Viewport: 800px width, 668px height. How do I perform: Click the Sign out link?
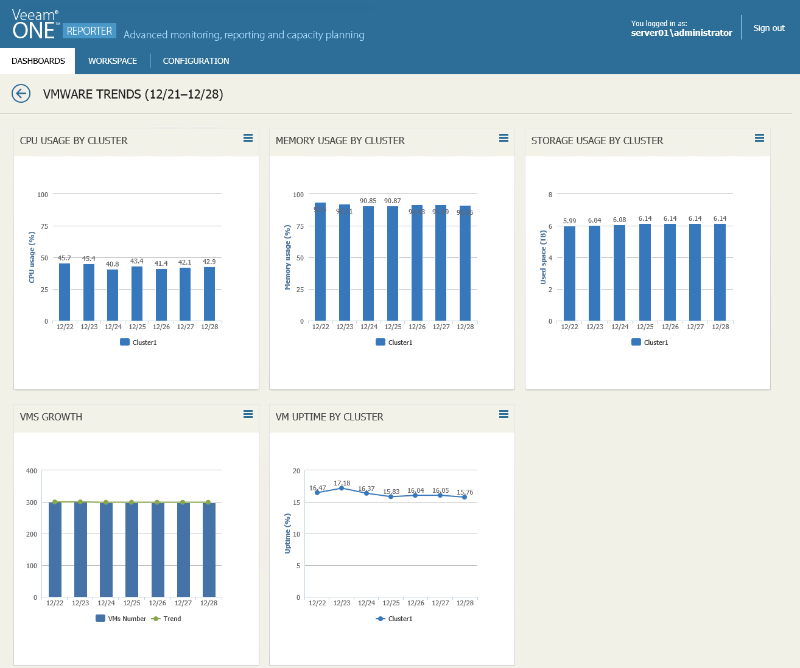[x=768, y=28]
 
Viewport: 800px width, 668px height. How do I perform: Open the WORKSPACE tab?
[x=113, y=61]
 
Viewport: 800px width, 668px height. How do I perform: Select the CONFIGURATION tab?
[x=196, y=61]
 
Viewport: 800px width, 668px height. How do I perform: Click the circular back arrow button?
[x=21, y=94]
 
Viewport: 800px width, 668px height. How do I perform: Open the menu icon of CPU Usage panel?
[x=248, y=138]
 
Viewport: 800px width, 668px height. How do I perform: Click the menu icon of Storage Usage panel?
[x=759, y=138]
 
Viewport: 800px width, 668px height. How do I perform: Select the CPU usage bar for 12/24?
[x=113, y=295]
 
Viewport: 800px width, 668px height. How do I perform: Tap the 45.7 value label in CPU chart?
[x=64, y=258]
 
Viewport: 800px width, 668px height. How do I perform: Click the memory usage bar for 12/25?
[x=393, y=263]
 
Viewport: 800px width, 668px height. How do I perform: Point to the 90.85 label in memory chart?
[x=368, y=201]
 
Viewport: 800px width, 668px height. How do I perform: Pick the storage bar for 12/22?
[x=569, y=274]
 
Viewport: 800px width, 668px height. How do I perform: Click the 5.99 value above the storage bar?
[x=569, y=221]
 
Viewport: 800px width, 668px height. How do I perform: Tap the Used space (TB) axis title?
[x=543, y=257]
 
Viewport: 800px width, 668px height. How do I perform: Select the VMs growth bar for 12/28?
[x=209, y=550]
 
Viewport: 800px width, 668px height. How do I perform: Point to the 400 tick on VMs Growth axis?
[x=32, y=471]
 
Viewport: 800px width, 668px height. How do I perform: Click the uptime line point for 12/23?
[x=342, y=488]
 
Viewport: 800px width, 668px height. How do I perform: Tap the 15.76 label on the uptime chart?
[x=465, y=492]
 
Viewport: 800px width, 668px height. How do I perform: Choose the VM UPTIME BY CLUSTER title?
[x=329, y=417]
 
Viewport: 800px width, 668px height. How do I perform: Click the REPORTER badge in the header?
[x=89, y=31]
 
